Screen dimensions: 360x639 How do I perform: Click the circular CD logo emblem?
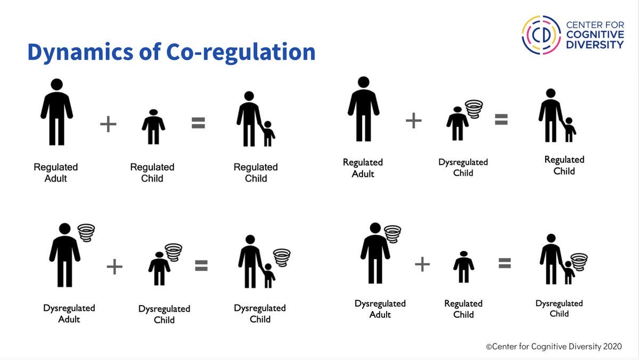[x=541, y=35]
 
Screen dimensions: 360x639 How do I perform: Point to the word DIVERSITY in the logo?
[x=594, y=45]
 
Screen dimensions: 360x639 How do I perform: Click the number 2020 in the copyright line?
[x=612, y=346]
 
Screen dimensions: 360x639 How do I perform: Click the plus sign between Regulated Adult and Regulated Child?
[x=108, y=125]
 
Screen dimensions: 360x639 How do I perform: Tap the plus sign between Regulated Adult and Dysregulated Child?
[x=414, y=121]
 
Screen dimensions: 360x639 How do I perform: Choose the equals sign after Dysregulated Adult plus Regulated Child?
[x=505, y=263]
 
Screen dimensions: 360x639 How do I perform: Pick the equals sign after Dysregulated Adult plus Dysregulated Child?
[x=201, y=266]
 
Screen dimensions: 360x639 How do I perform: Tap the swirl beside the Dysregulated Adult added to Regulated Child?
[x=393, y=233]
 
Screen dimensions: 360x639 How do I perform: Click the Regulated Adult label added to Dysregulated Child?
[x=363, y=168]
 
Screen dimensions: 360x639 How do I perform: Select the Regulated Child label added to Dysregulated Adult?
[x=463, y=309]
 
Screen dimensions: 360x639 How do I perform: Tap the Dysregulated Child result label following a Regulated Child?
[x=559, y=308]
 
